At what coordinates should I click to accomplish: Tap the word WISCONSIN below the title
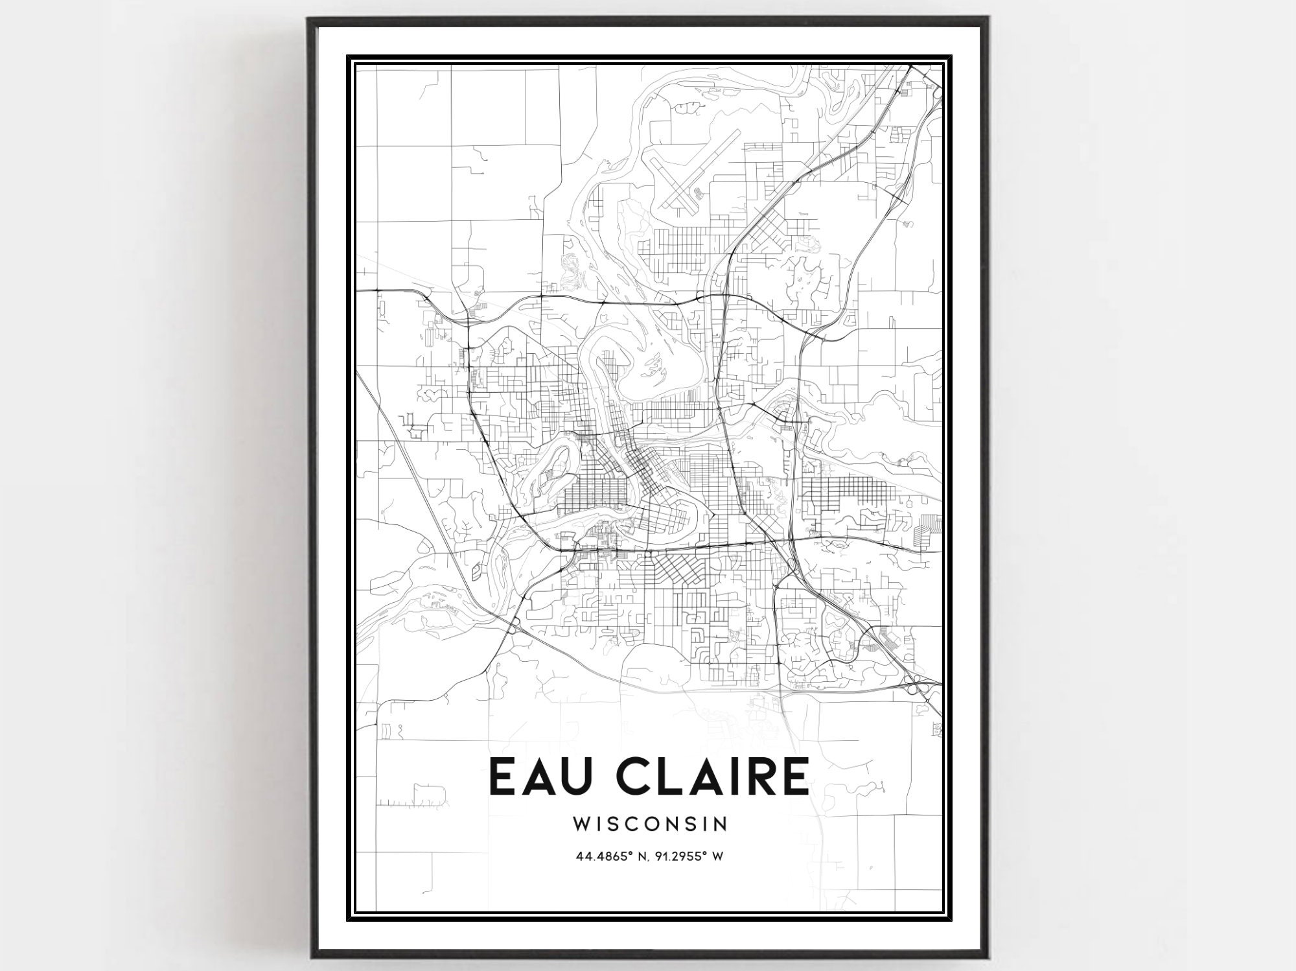[x=650, y=823]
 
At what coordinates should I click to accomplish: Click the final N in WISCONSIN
[x=721, y=823]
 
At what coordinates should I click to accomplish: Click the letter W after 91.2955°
[x=718, y=856]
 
